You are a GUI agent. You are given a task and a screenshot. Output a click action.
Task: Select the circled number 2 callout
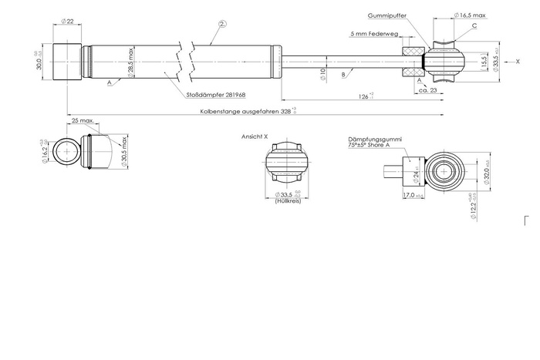[221, 25]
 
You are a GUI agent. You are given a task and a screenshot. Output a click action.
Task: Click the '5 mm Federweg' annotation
[373, 34]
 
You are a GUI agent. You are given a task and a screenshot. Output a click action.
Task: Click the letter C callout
[474, 26]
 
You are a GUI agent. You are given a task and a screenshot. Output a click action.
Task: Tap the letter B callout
[342, 76]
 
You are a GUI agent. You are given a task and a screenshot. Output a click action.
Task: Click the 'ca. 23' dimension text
[429, 90]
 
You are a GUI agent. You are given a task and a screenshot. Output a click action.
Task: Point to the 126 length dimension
[363, 96]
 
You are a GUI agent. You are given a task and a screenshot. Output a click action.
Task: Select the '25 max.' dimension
[83, 121]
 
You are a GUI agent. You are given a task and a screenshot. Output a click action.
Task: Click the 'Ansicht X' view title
[255, 136]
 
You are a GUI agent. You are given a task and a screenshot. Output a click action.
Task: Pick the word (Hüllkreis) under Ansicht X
[287, 201]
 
